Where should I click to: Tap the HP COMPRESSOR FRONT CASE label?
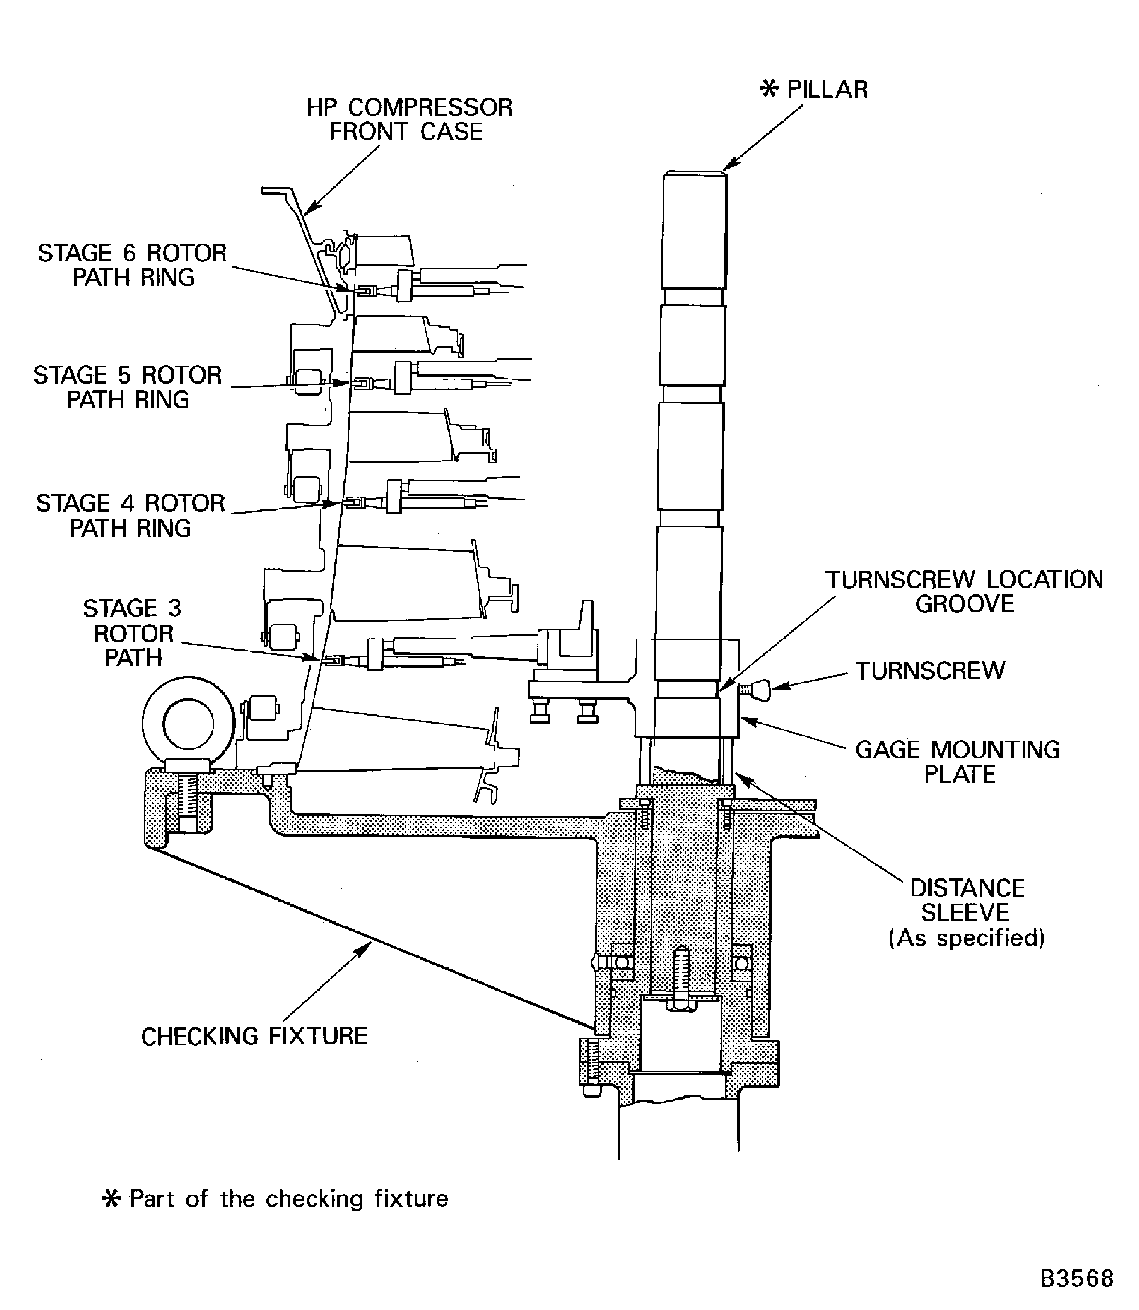(x=409, y=119)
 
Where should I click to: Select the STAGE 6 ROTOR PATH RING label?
(x=132, y=265)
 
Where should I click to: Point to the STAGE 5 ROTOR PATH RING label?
(x=128, y=387)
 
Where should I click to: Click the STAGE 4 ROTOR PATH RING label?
(x=130, y=515)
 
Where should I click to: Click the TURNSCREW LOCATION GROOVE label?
(x=964, y=591)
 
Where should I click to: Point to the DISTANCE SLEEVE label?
(x=966, y=900)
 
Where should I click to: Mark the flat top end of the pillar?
(x=695, y=173)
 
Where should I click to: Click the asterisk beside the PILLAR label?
(x=769, y=89)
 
